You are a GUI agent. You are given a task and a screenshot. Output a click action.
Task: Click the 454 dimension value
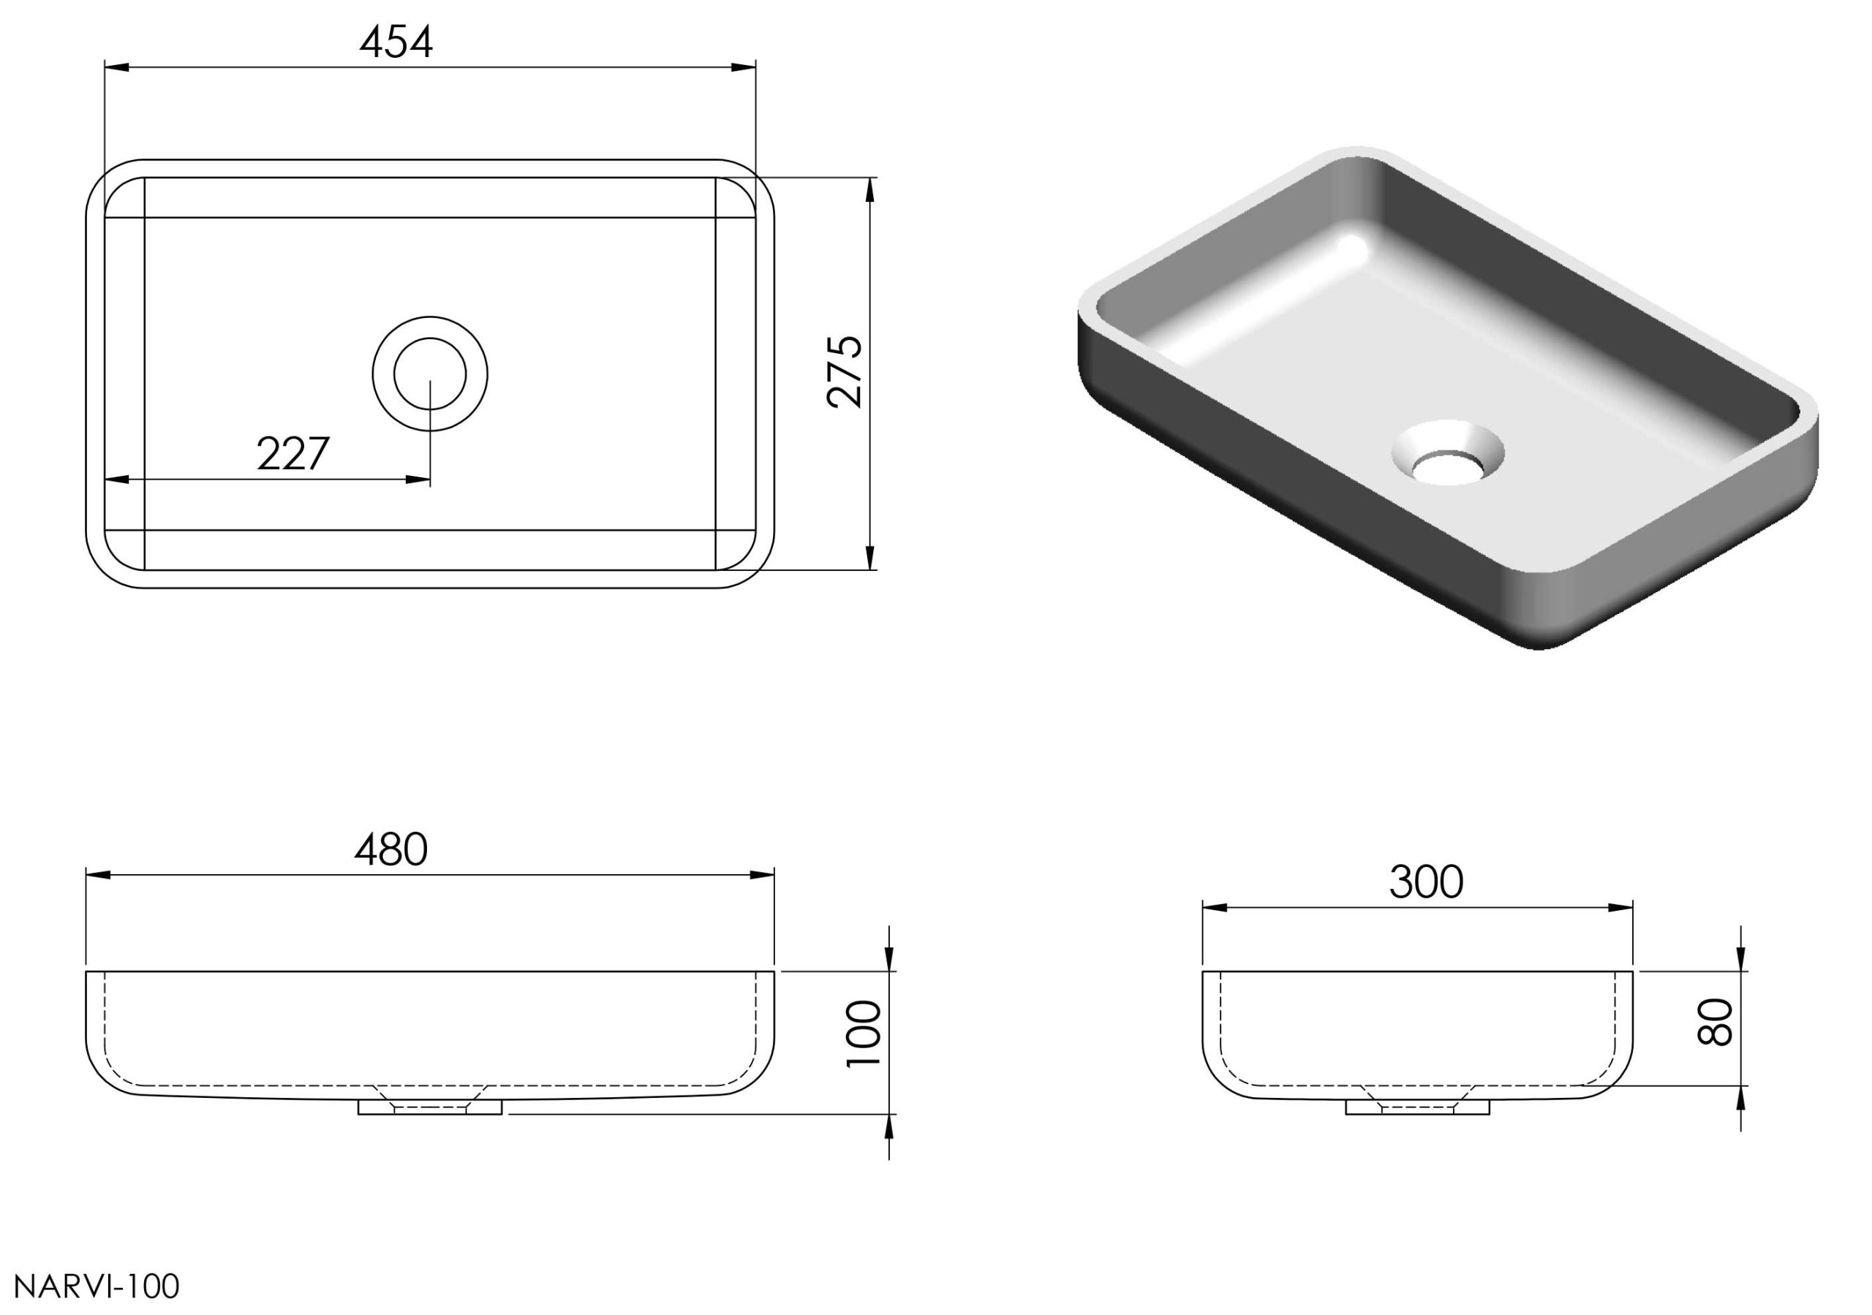click(x=396, y=42)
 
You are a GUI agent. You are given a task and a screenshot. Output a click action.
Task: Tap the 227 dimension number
click(x=293, y=454)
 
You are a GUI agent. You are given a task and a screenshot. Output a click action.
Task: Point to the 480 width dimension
click(x=391, y=849)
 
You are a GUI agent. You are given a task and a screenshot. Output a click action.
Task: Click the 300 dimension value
click(x=1426, y=882)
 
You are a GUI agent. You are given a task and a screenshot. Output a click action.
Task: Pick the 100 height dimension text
click(x=865, y=1034)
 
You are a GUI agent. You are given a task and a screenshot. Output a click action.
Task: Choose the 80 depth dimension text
click(x=1715, y=1021)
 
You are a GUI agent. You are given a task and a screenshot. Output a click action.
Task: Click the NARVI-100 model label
click(x=97, y=1286)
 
